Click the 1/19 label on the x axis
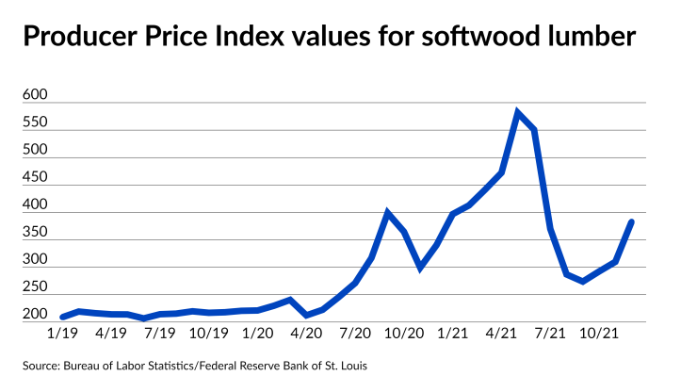tap(62, 333)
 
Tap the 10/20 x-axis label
tap(403, 333)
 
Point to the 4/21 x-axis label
tap(501, 333)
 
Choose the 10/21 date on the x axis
tap(598, 333)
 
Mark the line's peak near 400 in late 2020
tap(388, 213)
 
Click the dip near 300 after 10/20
tap(420, 268)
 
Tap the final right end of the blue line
tap(632, 221)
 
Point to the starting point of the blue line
tap(62, 317)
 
